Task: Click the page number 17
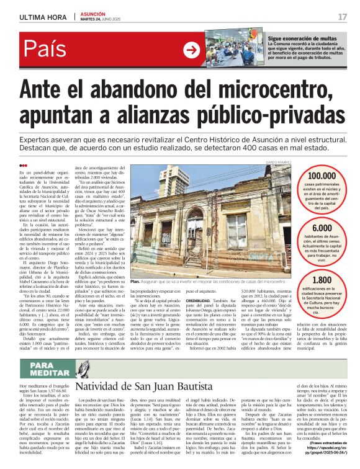(x=342, y=17)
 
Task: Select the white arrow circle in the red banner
(x=191, y=50)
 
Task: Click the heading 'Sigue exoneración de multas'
(x=302, y=38)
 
